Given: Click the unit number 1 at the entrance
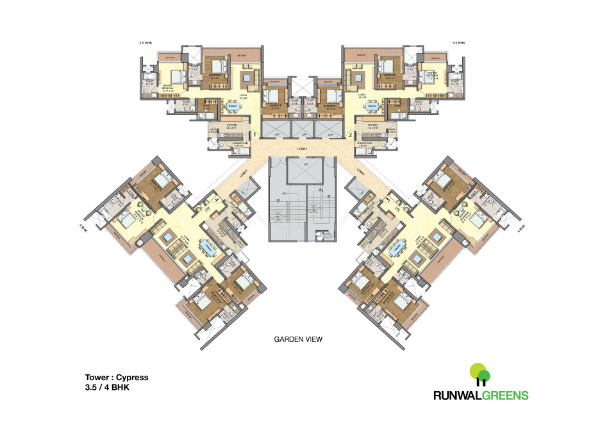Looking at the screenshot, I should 255,135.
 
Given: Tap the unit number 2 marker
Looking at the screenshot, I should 350,135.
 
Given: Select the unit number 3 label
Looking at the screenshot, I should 388,201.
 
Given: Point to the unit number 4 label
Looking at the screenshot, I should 217,201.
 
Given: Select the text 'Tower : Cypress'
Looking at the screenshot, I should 113,378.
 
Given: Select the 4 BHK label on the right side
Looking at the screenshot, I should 522,227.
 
